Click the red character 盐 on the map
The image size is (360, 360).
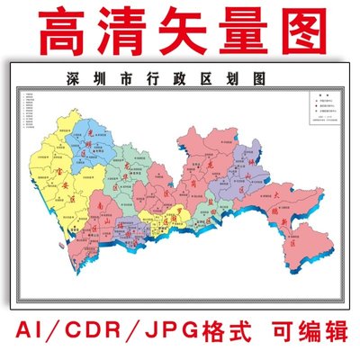point(212,216)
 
